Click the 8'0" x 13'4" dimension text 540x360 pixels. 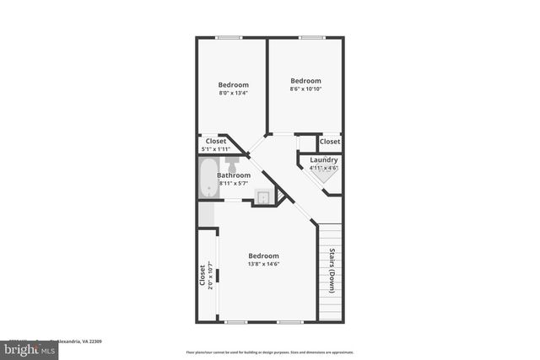(234, 94)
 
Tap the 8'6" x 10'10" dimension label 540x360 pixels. (305, 89)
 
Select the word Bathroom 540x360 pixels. (234, 175)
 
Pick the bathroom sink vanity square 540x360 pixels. (264, 197)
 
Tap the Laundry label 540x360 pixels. (324, 159)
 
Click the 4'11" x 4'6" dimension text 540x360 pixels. (324, 168)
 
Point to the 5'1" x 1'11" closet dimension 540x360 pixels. (215, 149)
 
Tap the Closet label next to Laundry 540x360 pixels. (330, 142)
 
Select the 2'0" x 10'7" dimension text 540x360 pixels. (210, 277)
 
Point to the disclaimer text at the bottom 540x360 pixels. (269, 352)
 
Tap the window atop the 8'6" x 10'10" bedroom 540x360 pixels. (311, 37)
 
